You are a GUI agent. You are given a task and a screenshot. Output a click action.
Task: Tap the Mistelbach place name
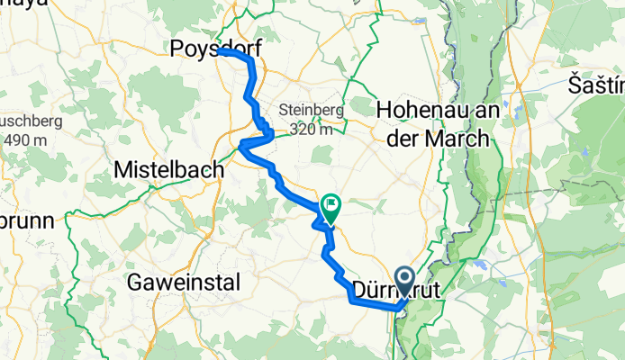coord(169,168)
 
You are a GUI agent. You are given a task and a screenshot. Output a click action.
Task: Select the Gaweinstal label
coord(183,283)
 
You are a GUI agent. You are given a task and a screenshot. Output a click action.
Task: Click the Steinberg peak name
coord(312,110)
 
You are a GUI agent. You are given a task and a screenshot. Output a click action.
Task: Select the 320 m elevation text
coord(312,129)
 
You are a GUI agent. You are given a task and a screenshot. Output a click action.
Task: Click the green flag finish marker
coord(331,209)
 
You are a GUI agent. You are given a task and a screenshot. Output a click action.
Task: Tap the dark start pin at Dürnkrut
coord(404,281)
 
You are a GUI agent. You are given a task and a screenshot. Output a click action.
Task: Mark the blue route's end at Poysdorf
coord(220,52)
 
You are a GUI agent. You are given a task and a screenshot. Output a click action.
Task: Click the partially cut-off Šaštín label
coord(596,85)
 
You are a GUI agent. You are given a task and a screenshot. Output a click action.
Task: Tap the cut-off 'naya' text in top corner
coord(23,5)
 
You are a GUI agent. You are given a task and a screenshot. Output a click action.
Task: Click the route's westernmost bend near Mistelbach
coord(240,147)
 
